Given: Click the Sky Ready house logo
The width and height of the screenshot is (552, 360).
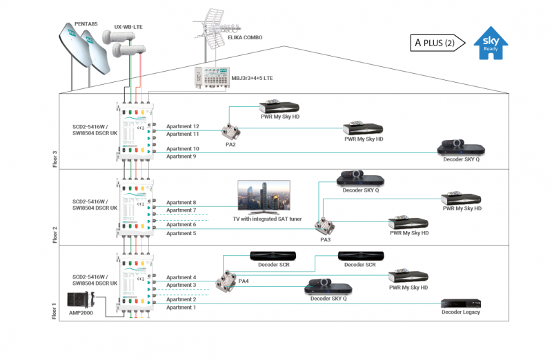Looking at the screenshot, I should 491,43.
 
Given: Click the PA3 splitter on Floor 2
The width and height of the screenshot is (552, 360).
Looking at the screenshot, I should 323,226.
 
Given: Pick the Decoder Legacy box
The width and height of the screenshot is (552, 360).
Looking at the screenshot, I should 460,303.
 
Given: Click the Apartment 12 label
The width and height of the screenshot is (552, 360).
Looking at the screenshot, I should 182,127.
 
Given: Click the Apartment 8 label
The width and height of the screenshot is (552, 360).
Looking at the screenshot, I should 181,202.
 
